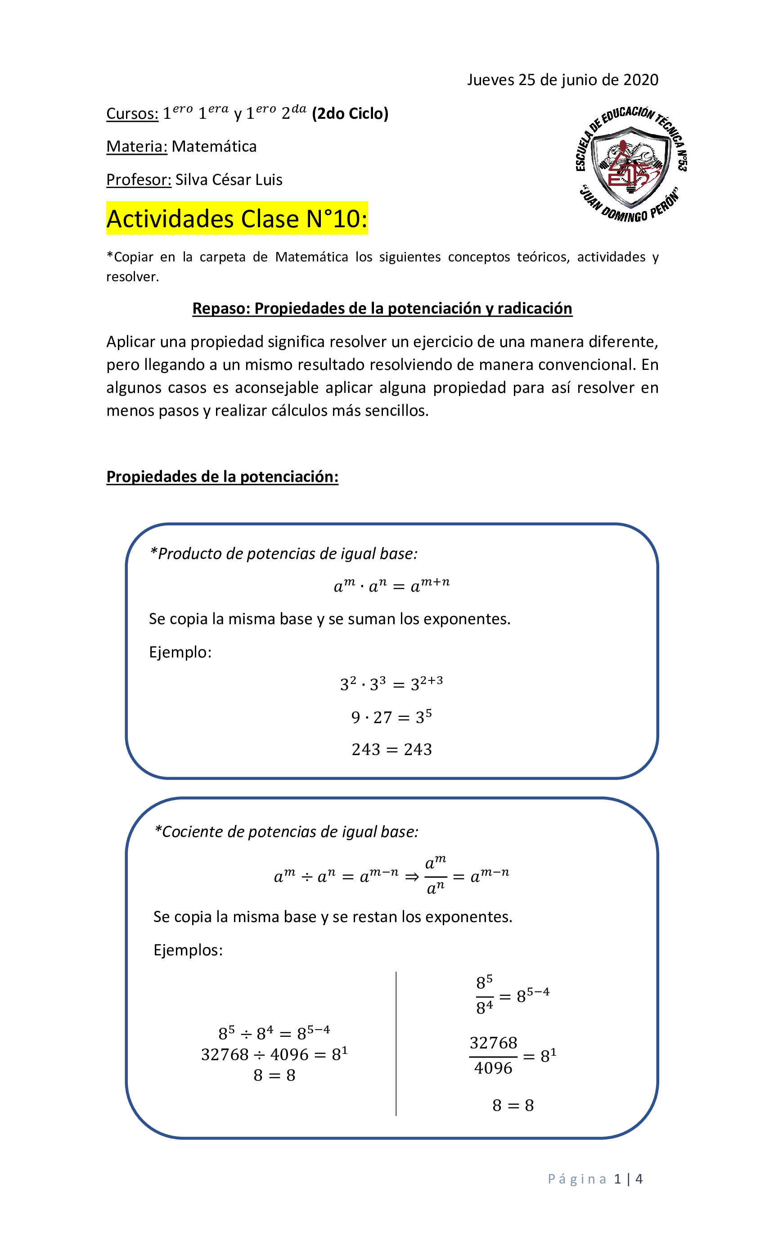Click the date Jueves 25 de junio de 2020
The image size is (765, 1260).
click(x=562, y=80)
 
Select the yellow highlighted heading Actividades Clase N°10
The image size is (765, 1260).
click(x=237, y=219)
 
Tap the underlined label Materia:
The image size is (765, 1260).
click(x=136, y=147)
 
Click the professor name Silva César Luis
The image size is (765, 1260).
click(x=229, y=180)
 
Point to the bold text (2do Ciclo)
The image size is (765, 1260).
click(x=350, y=113)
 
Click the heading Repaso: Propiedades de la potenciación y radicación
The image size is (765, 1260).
click(x=382, y=308)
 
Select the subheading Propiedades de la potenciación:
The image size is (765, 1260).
click(x=222, y=477)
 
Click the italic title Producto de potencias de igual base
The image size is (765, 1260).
click(x=284, y=554)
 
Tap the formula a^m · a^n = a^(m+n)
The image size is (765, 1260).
click(x=391, y=585)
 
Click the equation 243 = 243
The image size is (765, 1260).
click(x=391, y=750)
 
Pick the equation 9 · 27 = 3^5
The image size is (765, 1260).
click(x=391, y=717)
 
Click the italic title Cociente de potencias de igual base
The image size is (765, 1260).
click(x=286, y=832)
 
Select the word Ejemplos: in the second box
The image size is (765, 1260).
click(x=188, y=950)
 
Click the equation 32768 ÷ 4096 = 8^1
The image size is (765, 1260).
click(x=274, y=1054)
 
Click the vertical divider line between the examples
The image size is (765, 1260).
click(x=396, y=1043)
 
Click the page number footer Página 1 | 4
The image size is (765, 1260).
click(x=595, y=1179)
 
